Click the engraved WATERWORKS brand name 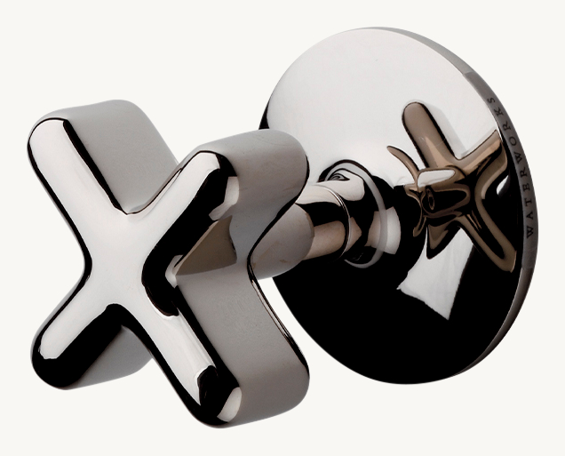(x=511, y=166)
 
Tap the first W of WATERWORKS (x=529, y=230)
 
